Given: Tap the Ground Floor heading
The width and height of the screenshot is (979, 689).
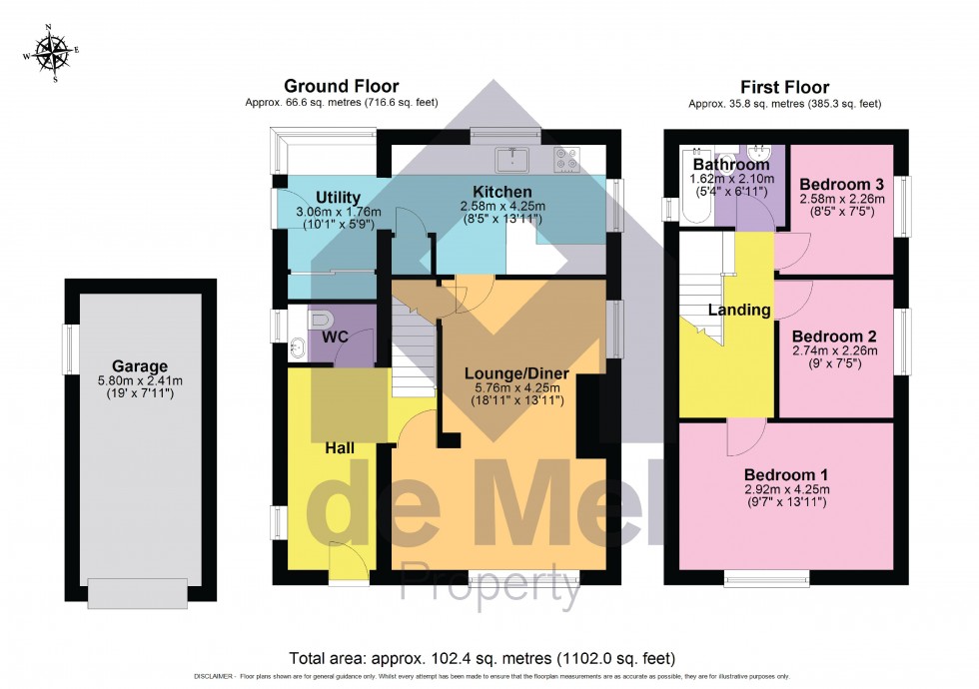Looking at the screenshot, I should tap(341, 87).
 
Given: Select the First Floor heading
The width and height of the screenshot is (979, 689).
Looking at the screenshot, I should tap(785, 87).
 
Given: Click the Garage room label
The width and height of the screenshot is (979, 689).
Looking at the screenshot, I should tap(140, 365).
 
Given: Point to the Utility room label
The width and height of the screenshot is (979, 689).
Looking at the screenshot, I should tap(338, 197).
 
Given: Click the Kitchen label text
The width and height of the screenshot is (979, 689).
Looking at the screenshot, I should tap(502, 192).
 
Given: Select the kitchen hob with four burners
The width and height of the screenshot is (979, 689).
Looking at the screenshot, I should tap(566, 159).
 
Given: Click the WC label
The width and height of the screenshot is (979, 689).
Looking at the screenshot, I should tap(335, 338).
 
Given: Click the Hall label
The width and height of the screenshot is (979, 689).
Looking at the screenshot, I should tap(339, 448).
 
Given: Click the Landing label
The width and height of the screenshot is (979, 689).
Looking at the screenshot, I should tap(739, 310).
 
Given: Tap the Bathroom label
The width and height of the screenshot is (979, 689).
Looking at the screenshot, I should tap(731, 164).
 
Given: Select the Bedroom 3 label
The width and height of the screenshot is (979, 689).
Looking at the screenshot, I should tap(840, 184).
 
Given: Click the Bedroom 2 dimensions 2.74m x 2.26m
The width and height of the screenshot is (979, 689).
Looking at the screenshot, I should tap(834, 350).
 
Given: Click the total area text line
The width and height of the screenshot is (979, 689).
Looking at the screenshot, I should tap(482, 658).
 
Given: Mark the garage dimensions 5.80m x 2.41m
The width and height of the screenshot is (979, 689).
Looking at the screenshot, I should tap(140, 380).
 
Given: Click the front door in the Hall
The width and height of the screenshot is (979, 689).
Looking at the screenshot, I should tap(347, 564).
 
